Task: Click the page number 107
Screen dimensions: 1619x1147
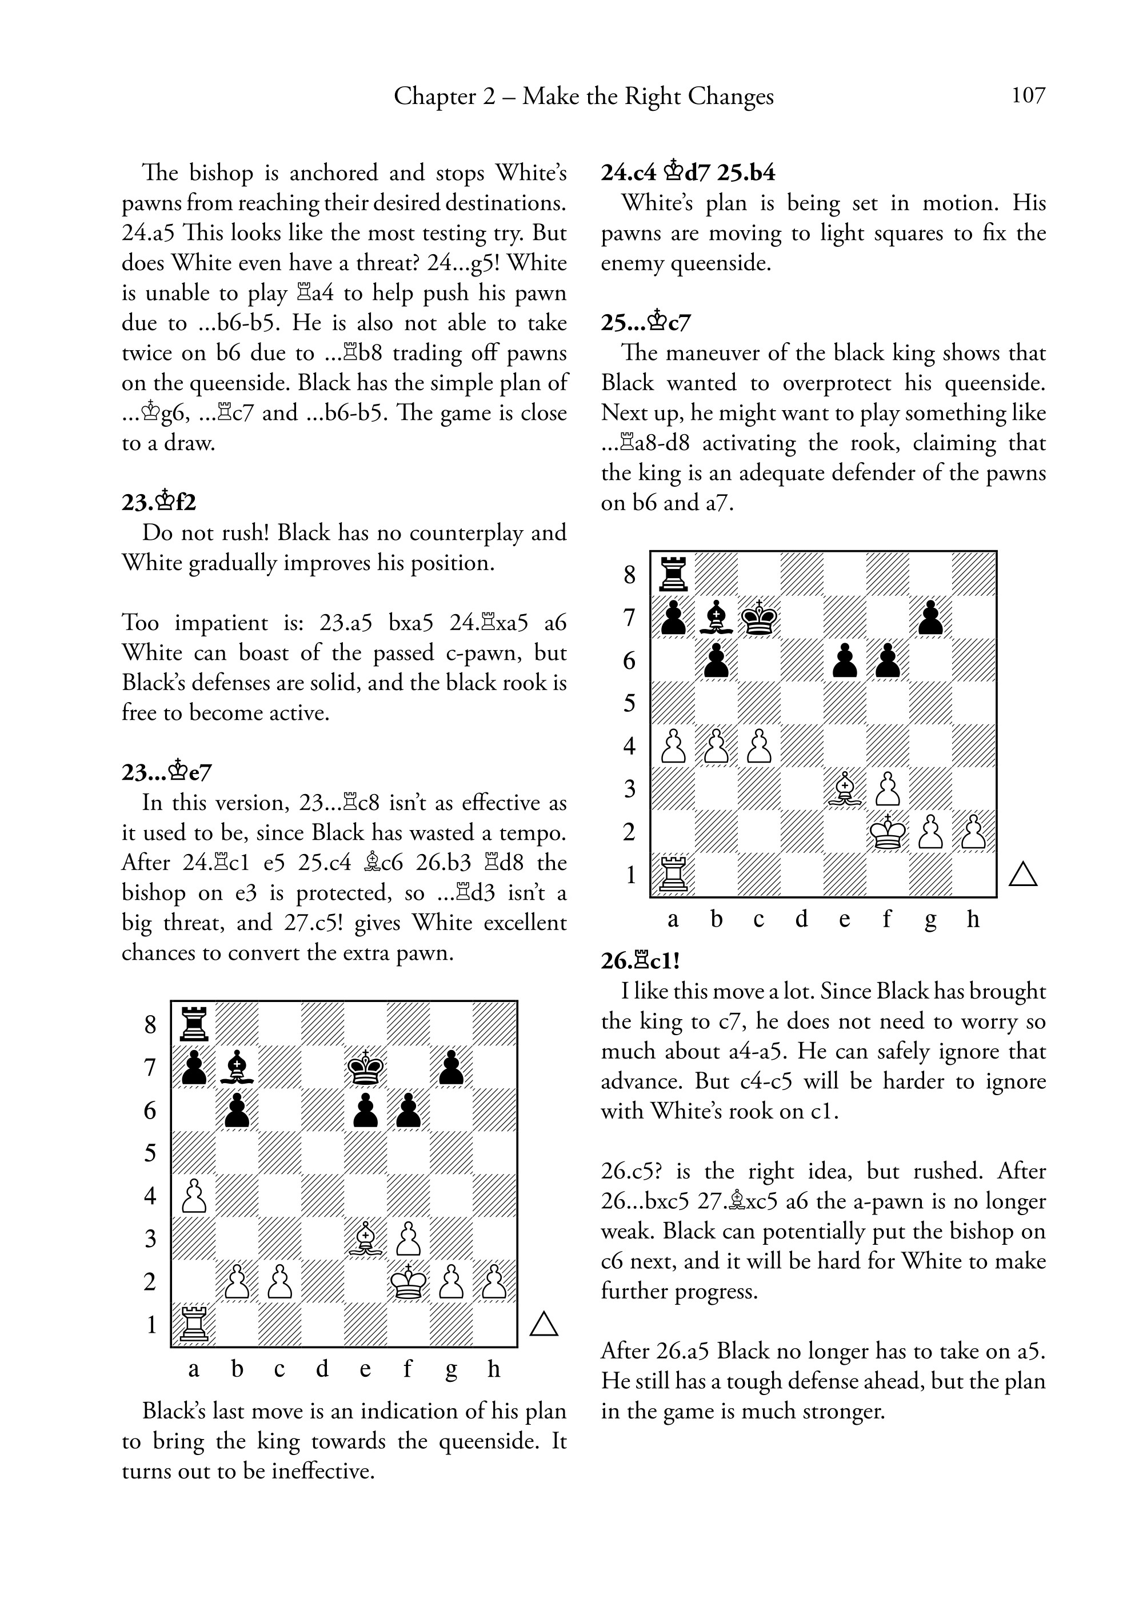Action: [1028, 95]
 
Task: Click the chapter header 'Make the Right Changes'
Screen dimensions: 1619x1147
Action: [648, 96]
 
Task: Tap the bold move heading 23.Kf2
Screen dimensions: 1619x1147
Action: [159, 503]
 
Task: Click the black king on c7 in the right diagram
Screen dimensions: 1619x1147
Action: [760, 617]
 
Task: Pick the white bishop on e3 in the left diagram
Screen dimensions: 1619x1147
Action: [366, 1239]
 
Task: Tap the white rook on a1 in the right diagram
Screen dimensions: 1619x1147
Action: [674, 875]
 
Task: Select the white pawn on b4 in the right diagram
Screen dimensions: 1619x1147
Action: [716, 746]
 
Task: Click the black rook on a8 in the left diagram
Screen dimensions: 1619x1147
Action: [194, 1024]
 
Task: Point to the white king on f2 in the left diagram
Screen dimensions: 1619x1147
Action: [408, 1281]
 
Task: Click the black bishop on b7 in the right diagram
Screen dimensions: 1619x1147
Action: [716, 617]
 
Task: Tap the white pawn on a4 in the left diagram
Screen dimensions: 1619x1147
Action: [194, 1196]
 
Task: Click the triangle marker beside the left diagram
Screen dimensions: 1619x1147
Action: [544, 1325]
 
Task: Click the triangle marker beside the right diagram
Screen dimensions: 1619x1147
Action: [1022, 874]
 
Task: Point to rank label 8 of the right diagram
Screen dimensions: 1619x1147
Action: [630, 575]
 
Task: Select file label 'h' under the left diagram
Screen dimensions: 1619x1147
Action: [494, 1369]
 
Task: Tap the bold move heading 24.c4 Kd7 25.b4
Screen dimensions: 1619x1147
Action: [688, 173]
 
